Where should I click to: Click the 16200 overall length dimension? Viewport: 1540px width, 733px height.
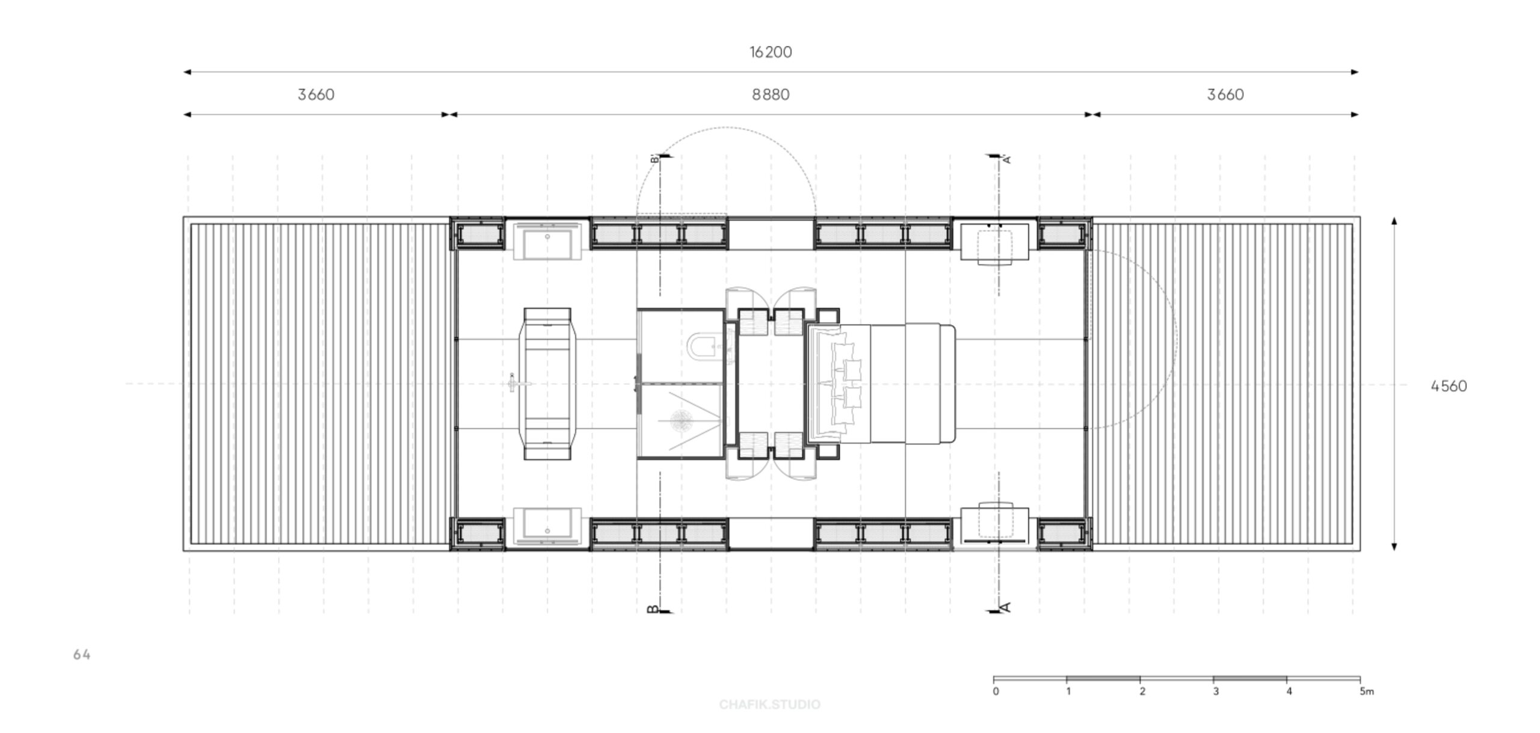click(771, 52)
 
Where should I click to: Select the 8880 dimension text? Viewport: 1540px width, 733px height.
click(771, 94)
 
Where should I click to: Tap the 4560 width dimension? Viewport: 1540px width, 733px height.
click(1449, 386)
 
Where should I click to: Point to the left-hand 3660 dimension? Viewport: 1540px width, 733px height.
click(316, 94)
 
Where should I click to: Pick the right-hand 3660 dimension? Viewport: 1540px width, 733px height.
click(1225, 94)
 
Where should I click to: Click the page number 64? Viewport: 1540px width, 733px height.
click(82, 655)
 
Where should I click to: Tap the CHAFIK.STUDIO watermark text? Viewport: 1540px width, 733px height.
click(770, 704)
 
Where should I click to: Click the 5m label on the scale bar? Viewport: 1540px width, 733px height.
click(1367, 692)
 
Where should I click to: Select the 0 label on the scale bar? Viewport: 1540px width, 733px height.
click(996, 692)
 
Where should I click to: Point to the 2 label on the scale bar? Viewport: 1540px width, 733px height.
click(1142, 692)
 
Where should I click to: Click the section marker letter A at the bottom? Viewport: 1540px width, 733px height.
click(1004, 607)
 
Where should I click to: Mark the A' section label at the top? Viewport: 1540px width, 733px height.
click(1006, 159)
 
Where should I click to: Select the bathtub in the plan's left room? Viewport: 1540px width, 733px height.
click(547, 384)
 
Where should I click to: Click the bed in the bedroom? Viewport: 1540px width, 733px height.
click(880, 384)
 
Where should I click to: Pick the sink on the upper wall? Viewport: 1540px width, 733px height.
click(547, 241)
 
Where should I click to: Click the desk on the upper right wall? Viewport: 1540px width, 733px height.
click(994, 242)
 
